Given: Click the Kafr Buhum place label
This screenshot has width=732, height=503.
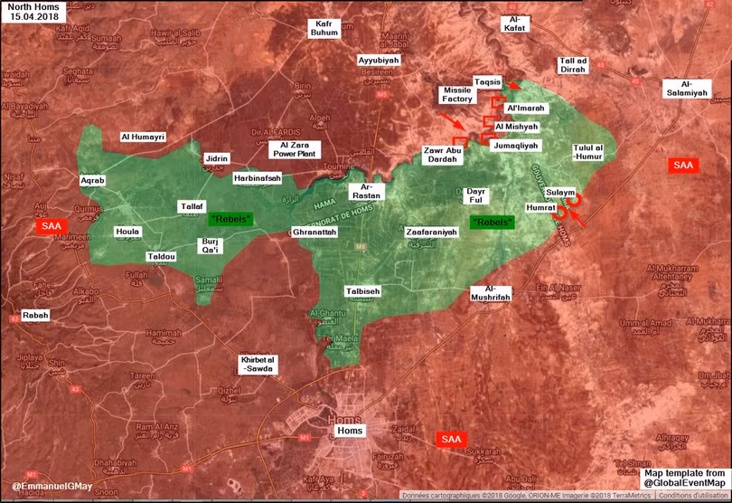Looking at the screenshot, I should point(326,28).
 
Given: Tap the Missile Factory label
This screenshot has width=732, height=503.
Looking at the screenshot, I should point(457,94).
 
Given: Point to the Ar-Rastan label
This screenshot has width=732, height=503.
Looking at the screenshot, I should point(372,191).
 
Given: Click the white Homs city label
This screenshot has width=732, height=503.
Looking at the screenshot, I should point(350,431).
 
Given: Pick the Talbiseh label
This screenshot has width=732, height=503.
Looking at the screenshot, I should point(363,291).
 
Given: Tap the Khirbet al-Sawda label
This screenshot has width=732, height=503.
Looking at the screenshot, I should point(258,363).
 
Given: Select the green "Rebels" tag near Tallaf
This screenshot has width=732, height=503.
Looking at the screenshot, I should point(231,219).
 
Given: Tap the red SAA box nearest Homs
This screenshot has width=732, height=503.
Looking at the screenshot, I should point(451,440).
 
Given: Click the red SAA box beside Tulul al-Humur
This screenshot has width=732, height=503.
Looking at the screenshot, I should point(682,166).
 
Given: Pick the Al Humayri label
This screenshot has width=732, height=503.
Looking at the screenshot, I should point(144,138).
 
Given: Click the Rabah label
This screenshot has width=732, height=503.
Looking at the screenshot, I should point(37,316).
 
